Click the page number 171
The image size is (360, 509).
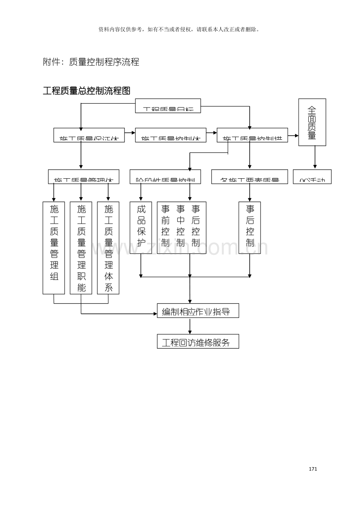313,469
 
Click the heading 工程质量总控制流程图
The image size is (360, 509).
86,91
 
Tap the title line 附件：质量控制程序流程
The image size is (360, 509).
91,62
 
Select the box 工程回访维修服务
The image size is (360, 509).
198,341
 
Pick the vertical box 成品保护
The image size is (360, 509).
141,228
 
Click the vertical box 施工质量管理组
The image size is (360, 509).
54,248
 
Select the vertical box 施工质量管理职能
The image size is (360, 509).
81,248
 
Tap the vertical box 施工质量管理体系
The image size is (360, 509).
108,248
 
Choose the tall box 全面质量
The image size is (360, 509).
312,122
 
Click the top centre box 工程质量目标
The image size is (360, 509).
168,106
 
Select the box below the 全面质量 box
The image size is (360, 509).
312,177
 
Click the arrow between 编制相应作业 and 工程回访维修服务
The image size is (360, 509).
190,326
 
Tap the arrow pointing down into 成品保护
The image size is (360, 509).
141,193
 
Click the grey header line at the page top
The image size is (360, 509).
179,29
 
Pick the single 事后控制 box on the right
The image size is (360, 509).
250,228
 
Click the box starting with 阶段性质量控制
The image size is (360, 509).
165,177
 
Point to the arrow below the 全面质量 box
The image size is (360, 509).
315,158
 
